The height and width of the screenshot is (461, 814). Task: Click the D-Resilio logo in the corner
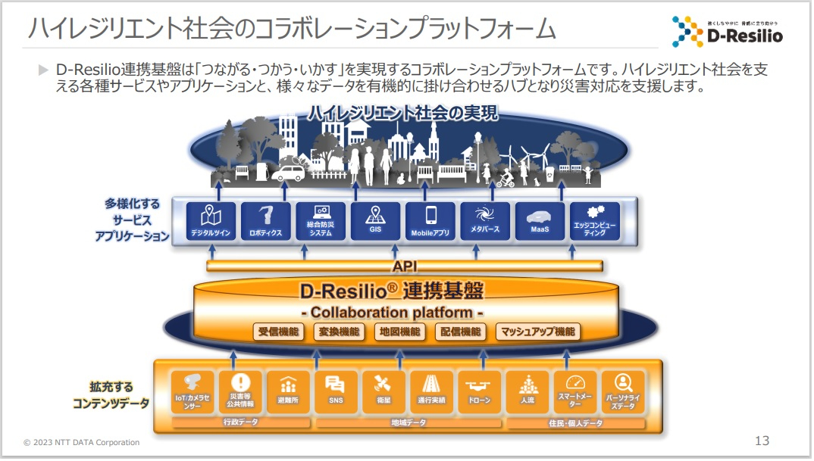(x=726, y=30)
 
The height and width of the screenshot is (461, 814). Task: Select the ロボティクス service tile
(x=265, y=221)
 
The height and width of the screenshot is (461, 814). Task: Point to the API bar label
(x=405, y=266)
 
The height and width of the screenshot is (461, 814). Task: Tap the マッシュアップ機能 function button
(x=537, y=332)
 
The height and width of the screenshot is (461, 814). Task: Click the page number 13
(x=762, y=441)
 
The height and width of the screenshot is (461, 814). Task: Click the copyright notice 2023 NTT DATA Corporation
(x=82, y=442)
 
